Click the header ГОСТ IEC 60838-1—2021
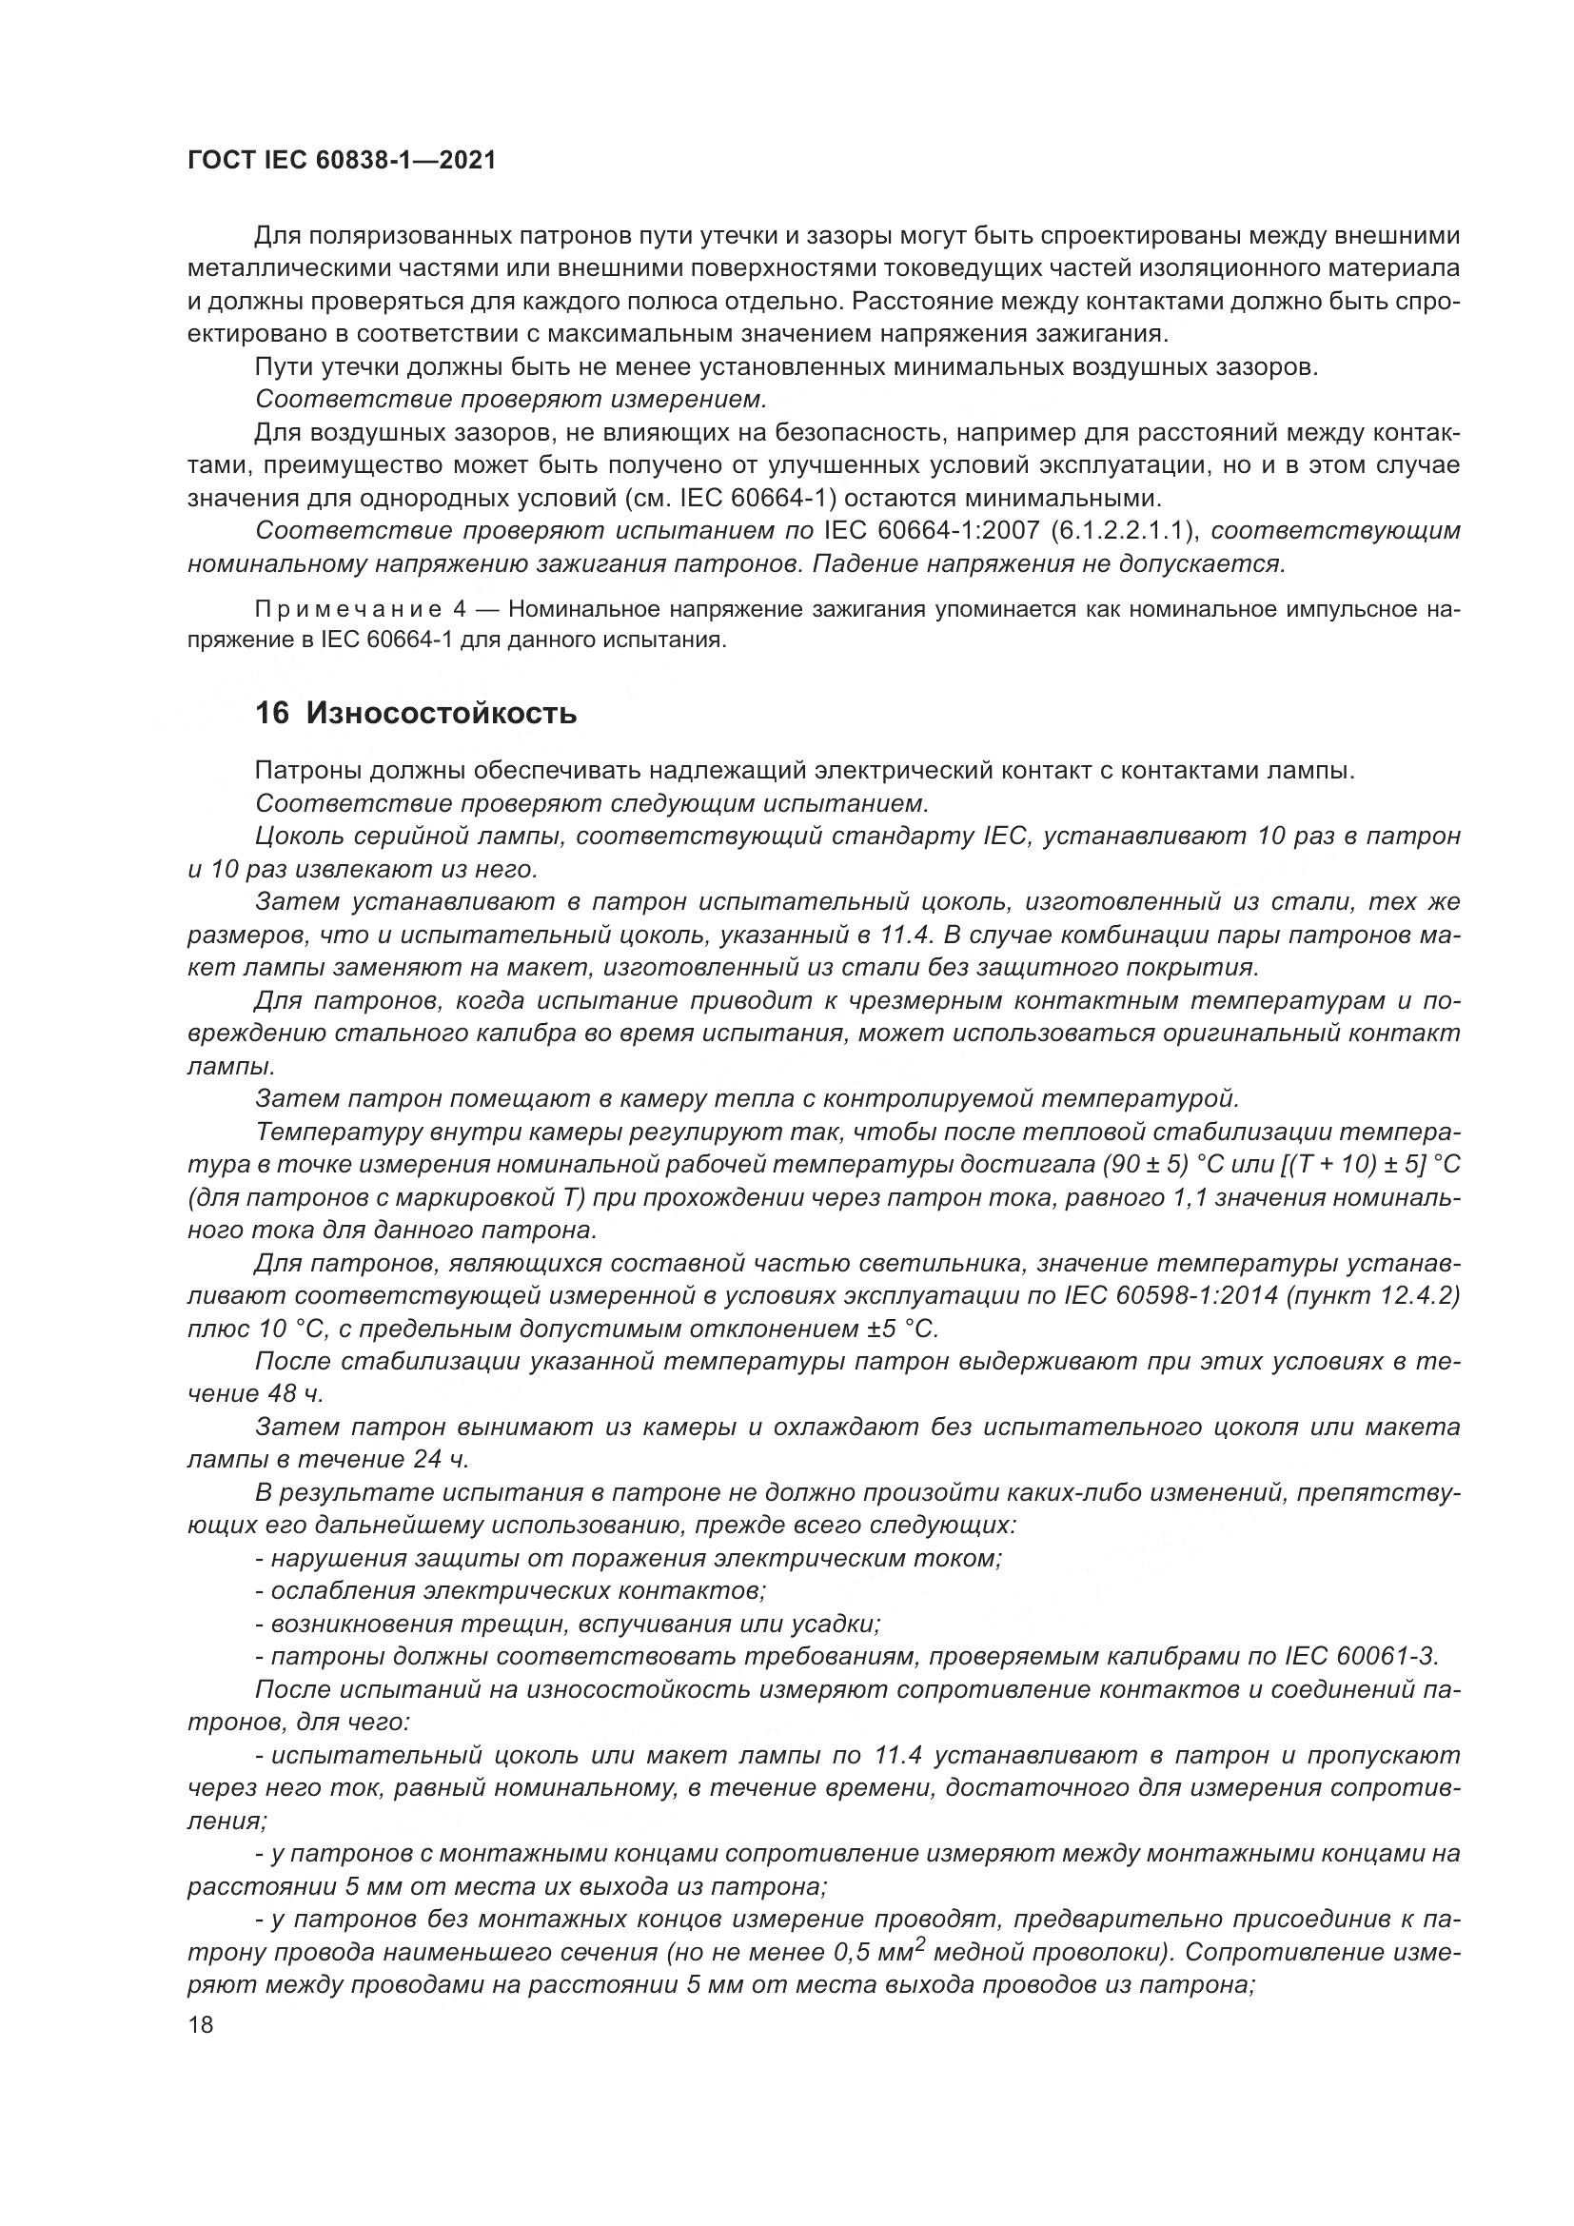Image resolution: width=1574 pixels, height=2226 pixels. (x=342, y=161)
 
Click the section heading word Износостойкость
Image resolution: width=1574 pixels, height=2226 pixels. (x=442, y=715)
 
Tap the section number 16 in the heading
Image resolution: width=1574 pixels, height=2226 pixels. (x=271, y=715)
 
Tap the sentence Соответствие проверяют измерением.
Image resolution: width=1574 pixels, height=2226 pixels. (x=511, y=400)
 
